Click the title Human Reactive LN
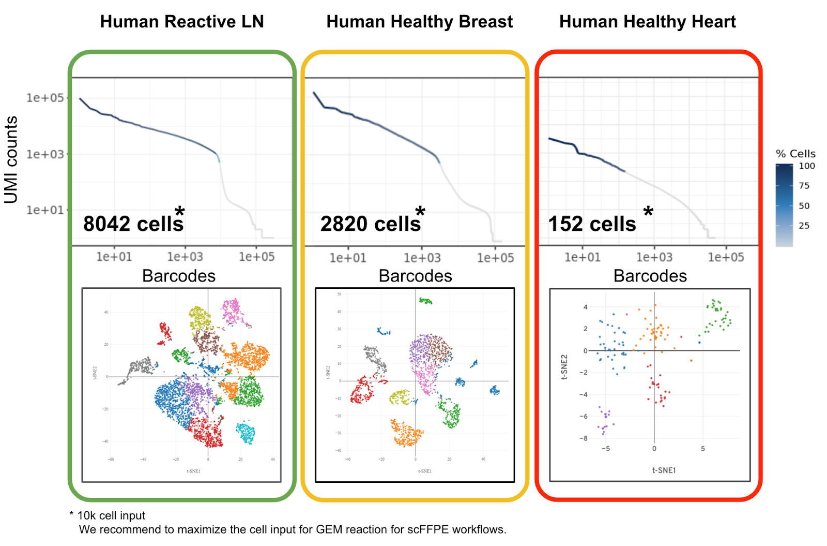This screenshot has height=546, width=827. [182, 22]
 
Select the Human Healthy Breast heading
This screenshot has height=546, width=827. [419, 22]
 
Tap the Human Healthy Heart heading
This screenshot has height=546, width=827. [647, 22]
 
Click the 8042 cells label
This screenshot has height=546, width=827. [133, 224]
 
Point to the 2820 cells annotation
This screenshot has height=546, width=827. [370, 224]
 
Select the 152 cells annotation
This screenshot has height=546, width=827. [592, 224]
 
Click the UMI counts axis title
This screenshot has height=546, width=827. [11, 159]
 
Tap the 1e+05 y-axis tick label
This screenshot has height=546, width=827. [45, 98]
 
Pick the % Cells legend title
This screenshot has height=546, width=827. [795, 154]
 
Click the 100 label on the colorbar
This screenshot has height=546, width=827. [806, 166]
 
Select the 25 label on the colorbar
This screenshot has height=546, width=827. [804, 226]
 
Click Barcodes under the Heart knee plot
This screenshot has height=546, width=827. [650, 276]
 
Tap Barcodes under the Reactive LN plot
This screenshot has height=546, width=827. [179, 276]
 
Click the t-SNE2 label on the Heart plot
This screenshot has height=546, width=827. [564, 366]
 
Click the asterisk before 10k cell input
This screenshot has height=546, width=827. [71, 514]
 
